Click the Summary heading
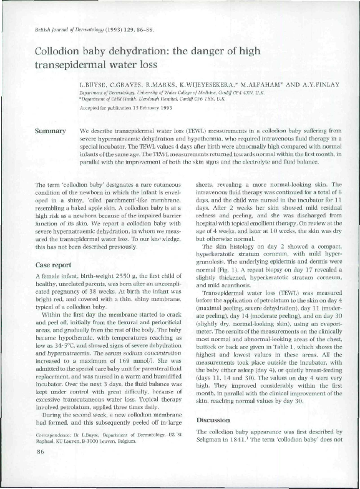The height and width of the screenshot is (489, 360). pos(52,131)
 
